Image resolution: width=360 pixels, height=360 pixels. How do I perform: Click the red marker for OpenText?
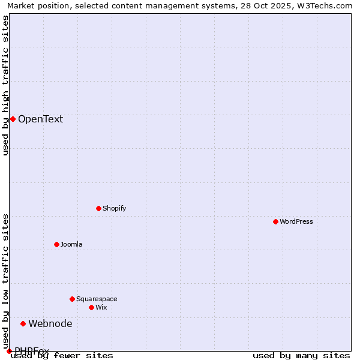click(13, 119)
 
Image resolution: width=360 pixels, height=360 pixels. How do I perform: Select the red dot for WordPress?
click(275, 221)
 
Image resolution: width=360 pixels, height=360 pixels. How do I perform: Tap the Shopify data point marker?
click(98, 208)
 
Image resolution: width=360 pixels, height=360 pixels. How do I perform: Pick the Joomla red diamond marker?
click(56, 244)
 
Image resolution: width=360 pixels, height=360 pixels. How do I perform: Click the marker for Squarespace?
click(72, 299)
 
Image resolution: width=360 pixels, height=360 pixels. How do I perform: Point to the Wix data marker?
click(91, 307)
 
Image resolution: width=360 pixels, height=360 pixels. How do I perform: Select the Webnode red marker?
click(23, 323)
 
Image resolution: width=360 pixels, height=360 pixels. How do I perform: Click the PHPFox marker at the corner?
click(9, 351)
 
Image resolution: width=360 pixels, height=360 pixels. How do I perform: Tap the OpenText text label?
click(40, 119)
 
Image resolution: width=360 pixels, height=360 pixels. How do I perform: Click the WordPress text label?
click(296, 221)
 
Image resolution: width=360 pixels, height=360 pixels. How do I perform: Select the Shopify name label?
click(114, 208)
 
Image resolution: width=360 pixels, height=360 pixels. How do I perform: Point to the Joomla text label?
click(71, 244)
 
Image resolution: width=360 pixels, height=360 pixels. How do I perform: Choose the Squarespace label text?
click(97, 299)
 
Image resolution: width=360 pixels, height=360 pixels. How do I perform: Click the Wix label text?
click(101, 307)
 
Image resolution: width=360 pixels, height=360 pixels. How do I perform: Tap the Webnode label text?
click(50, 323)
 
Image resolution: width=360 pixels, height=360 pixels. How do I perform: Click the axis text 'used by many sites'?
click(301, 355)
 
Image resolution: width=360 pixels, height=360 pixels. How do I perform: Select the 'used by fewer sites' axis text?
click(62, 355)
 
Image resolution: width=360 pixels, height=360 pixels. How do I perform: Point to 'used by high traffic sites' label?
click(5, 85)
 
